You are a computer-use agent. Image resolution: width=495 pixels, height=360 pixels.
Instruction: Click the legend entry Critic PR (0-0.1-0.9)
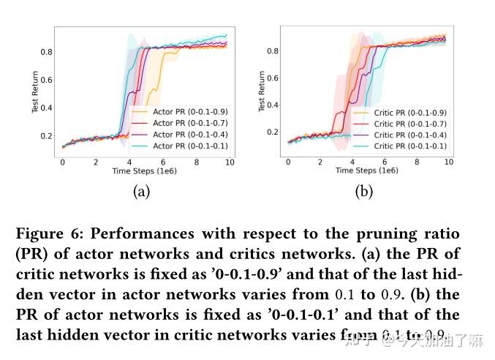pos(409,113)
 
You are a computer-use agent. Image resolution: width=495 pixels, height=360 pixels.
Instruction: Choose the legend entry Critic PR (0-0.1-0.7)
pos(409,124)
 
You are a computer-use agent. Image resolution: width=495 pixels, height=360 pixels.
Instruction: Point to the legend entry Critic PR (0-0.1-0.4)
pos(409,135)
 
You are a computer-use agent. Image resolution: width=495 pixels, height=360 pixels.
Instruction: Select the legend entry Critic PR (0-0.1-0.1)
pos(409,146)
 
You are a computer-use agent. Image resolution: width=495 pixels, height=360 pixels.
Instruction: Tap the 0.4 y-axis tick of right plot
pos(271,105)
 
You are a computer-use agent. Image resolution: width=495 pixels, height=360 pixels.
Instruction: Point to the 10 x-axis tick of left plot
pos(230,162)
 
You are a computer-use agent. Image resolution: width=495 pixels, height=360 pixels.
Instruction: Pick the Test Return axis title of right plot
pos(262,91)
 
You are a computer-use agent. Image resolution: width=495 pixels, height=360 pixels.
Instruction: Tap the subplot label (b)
pos(363,192)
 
